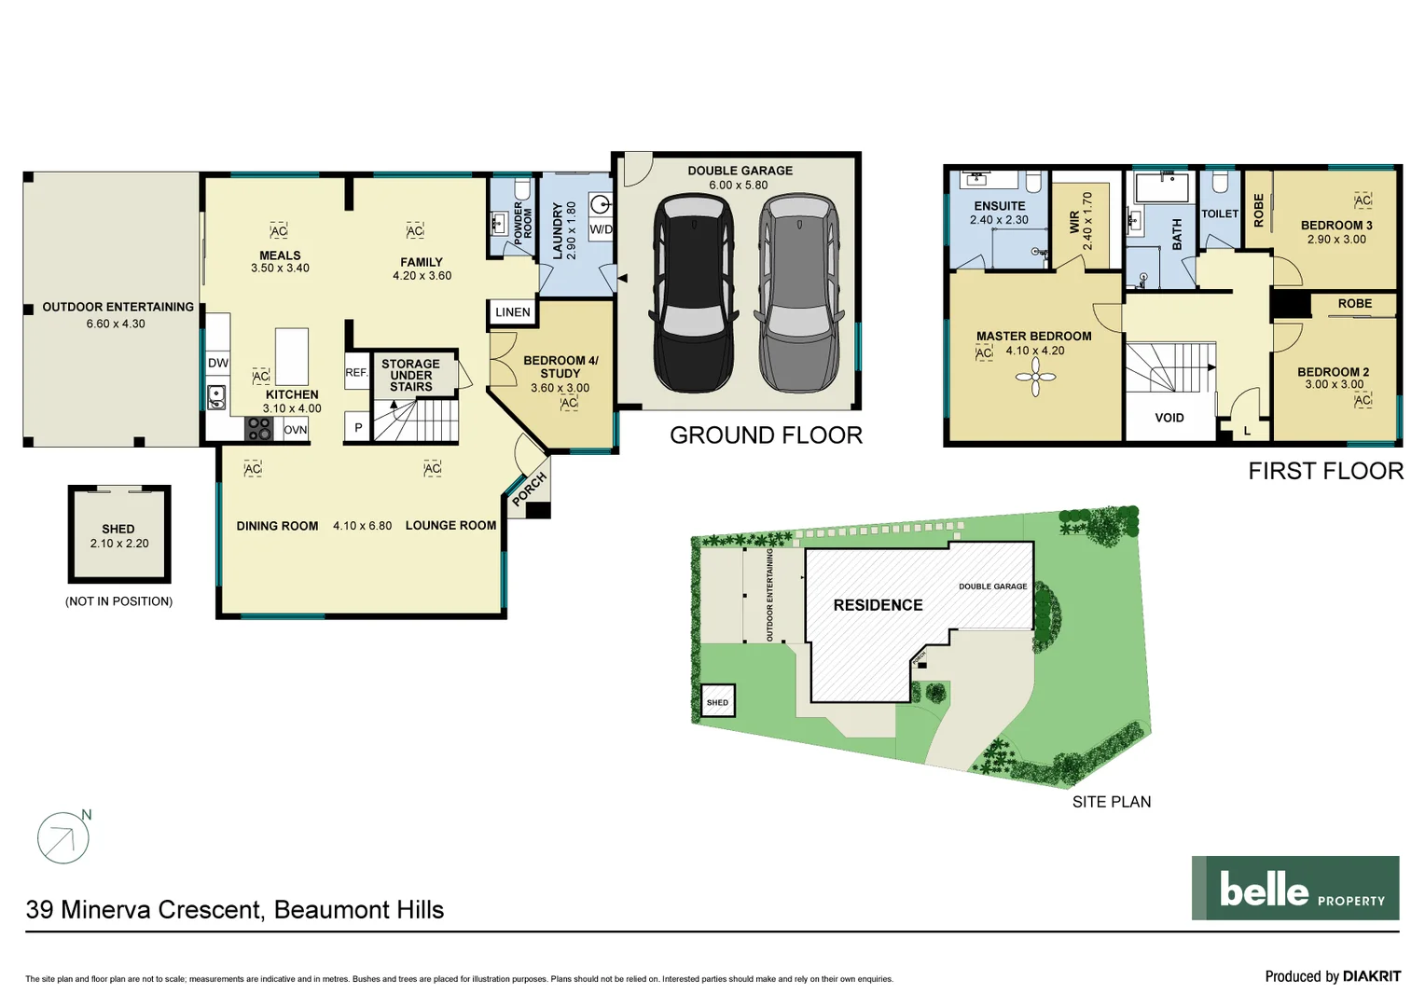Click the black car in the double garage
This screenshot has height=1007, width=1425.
[693, 294]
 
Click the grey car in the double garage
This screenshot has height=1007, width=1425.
[798, 294]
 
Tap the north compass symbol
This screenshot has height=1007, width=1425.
[63, 837]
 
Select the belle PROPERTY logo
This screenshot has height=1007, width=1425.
[1294, 889]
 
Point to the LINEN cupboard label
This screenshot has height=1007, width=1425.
[513, 312]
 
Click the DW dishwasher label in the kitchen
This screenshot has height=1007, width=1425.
[218, 363]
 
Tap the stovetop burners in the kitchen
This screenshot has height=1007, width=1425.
[258, 429]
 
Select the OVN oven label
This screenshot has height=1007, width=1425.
[296, 430]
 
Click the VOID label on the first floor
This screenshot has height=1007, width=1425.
[1169, 418]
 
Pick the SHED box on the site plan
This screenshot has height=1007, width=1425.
[717, 702]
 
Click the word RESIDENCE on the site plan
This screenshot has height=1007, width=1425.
[878, 605]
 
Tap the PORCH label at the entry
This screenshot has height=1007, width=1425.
[529, 489]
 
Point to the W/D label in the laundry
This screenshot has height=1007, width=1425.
[602, 229]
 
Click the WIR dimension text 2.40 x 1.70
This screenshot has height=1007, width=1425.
[1087, 222]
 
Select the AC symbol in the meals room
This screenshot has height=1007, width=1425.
[279, 231]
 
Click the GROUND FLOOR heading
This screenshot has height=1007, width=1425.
[766, 435]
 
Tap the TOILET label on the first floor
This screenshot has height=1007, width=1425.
[1219, 214]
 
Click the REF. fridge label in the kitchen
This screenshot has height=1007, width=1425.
[356, 372]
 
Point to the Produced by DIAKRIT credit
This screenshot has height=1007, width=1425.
[1332, 976]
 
